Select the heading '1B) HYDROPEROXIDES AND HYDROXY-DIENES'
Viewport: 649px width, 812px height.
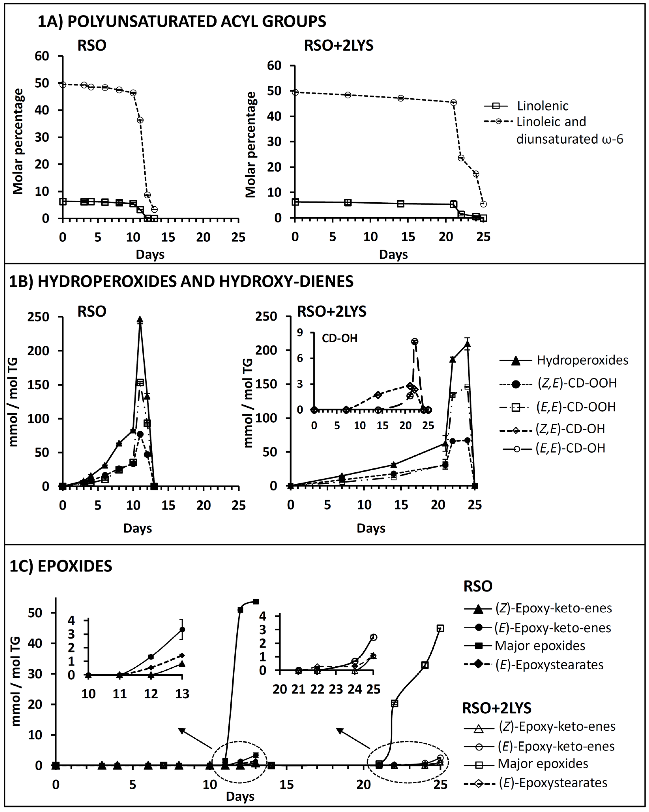[x=181, y=281]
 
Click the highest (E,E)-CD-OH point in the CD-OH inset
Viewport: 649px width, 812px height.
[x=415, y=341]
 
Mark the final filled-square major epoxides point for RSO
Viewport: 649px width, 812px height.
[x=256, y=602]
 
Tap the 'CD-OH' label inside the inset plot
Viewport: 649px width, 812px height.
[x=339, y=338]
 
